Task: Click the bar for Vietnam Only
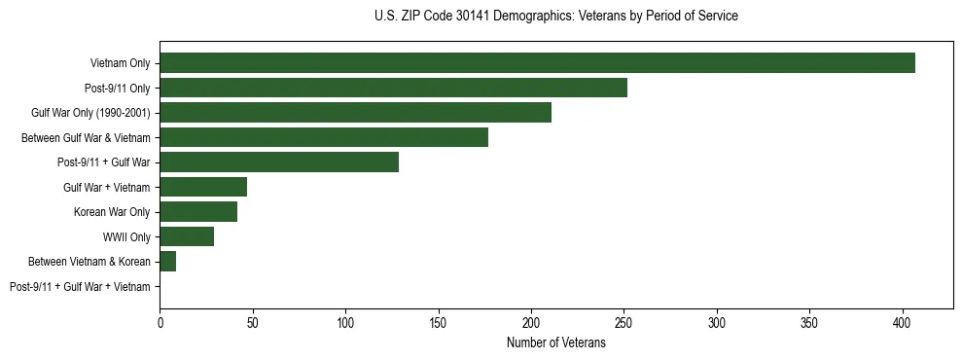click(537, 63)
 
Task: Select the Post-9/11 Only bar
click(393, 88)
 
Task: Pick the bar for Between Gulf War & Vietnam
click(324, 137)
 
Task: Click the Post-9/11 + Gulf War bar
click(279, 162)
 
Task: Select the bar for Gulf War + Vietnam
click(203, 187)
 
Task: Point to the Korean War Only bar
click(198, 212)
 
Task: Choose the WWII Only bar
click(187, 236)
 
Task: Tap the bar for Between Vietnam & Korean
click(167, 262)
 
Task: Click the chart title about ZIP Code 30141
click(555, 17)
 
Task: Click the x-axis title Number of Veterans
click(555, 343)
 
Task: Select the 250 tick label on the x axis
click(624, 321)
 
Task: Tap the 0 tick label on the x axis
click(160, 321)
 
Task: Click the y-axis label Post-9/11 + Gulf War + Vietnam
click(80, 287)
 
